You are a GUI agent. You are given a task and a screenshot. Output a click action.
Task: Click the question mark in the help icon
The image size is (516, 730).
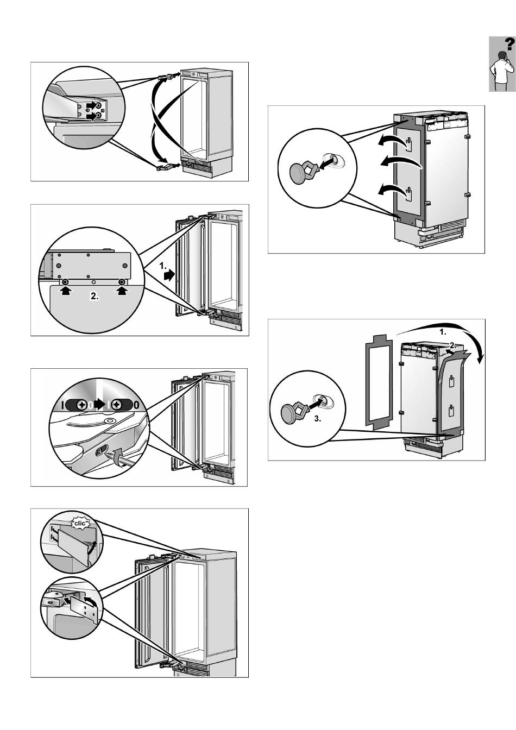(508, 44)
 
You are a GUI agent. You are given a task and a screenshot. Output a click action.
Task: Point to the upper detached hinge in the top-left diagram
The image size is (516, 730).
(166, 78)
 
